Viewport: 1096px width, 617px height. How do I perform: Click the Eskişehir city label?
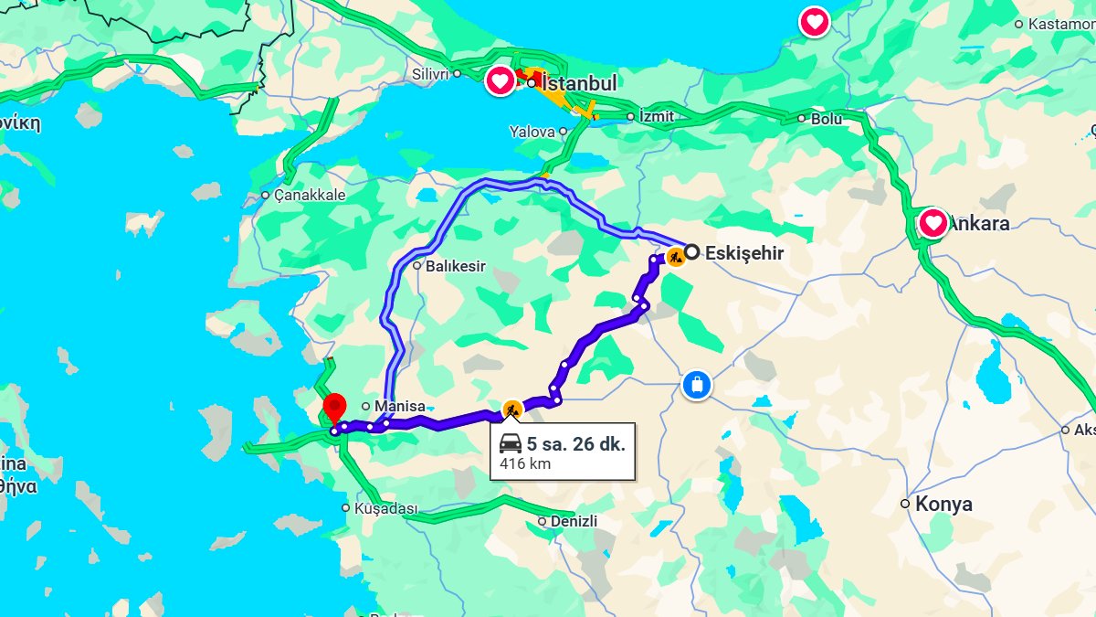point(744,253)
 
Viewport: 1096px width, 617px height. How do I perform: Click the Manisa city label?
point(400,406)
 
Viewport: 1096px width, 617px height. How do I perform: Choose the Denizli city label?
point(574,521)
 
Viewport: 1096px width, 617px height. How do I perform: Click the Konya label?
point(943,504)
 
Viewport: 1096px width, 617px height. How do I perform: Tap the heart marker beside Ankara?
point(933,222)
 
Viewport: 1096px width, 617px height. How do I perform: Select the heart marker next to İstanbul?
point(500,81)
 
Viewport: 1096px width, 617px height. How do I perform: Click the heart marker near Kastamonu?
point(814,21)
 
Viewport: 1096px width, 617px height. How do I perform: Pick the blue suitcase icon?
point(696,384)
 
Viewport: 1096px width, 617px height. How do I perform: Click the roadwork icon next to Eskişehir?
point(675,257)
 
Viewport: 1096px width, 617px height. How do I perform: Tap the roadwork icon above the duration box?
point(512,410)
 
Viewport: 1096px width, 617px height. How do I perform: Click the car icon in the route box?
point(511,445)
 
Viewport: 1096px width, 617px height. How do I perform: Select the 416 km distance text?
point(525,463)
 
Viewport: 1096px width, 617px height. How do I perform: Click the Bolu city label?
point(827,118)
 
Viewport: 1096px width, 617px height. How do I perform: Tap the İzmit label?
point(656,116)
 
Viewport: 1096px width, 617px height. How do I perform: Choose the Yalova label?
point(533,132)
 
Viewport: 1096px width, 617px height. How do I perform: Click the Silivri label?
point(431,73)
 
